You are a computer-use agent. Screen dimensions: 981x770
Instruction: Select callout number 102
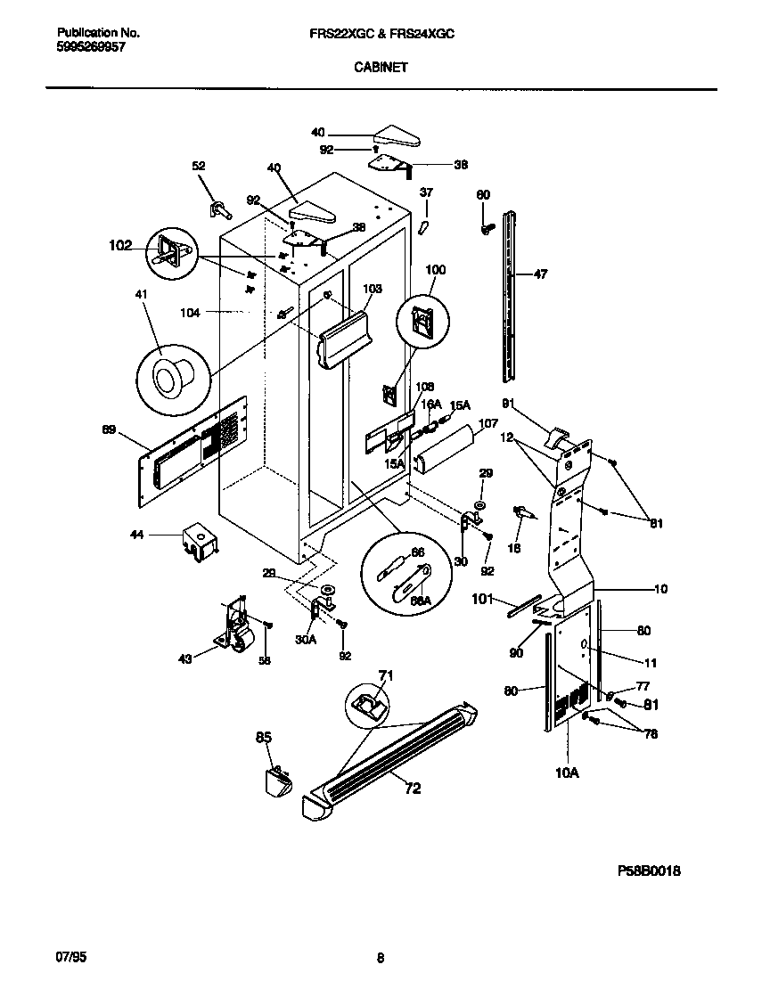tap(119, 245)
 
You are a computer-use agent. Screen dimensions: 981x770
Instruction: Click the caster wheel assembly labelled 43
tap(233, 628)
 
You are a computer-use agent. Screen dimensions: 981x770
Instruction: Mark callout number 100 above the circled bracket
tap(435, 269)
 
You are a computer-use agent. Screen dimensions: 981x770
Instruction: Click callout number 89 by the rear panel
tap(108, 430)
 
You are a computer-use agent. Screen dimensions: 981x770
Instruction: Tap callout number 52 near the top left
tap(199, 166)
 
